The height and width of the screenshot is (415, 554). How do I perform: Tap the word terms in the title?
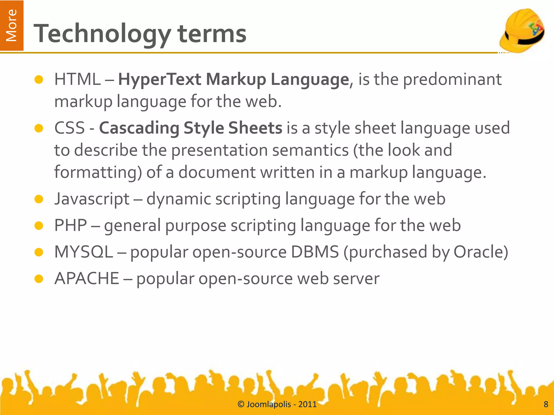(212, 34)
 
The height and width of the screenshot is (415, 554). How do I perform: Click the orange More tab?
(12, 25)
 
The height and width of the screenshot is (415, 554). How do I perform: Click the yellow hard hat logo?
(522, 30)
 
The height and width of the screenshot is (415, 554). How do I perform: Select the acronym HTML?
(77, 79)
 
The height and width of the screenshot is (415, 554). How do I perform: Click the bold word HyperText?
(160, 79)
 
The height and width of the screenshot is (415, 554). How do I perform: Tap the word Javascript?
(92, 199)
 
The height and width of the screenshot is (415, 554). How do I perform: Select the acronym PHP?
(71, 225)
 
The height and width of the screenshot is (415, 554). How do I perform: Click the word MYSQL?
(84, 252)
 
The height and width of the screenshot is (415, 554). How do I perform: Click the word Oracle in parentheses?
(478, 252)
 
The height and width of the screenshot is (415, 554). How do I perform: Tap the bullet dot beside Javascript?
(39, 199)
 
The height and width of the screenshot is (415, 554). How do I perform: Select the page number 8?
(546, 404)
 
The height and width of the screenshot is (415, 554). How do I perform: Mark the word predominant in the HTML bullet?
(452, 79)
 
